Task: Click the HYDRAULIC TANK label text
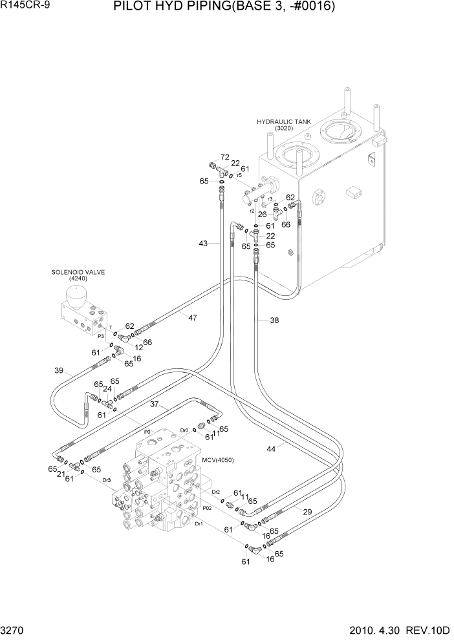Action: click(x=284, y=121)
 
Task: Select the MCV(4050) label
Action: click(x=217, y=460)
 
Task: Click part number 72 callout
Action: click(x=224, y=157)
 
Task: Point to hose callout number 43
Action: click(x=204, y=244)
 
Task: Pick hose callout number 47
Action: click(x=192, y=317)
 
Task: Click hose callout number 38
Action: click(x=274, y=320)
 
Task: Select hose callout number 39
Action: click(x=59, y=370)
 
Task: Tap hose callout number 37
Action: click(x=155, y=405)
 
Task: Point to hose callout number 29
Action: click(x=308, y=511)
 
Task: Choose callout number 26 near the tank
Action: click(x=262, y=215)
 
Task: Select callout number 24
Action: click(x=107, y=390)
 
